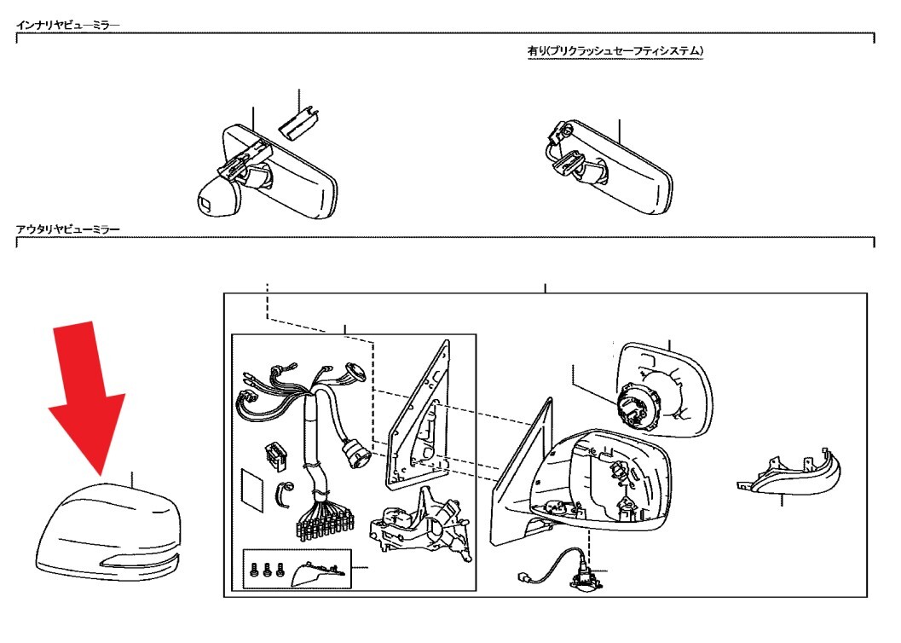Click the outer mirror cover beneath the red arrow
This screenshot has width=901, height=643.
coord(108,531)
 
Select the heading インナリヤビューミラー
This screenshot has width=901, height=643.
coord(68,26)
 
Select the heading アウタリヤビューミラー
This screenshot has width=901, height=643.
coord(68,229)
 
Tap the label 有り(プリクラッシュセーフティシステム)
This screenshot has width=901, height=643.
coord(615,51)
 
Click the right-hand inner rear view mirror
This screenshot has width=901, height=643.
coord(609,166)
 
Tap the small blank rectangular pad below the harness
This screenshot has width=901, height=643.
coord(252,489)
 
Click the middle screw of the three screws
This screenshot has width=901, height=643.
coord(267,570)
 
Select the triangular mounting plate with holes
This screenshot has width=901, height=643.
coord(418,414)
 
